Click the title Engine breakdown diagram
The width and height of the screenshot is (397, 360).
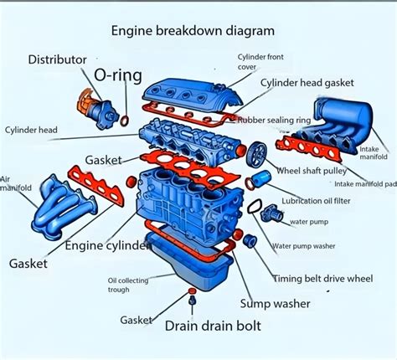pyautogui.click(x=193, y=31)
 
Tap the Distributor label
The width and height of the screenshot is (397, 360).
pyautogui.click(x=57, y=59)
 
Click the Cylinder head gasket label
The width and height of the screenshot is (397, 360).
pyautogui.click(x=307, y=83)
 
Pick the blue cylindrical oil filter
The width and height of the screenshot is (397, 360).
pyautogui.click(x=263, y=179)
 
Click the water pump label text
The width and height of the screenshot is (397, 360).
pyautogui.click(x=308, y=221)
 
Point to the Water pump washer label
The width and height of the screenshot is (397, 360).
pyautogui.click(x=302, y=246)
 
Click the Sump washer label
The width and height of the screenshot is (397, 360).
pyautogui.click(x=275, y=303)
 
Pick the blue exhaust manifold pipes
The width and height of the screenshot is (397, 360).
pyautogui.click(x=63, y=217)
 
